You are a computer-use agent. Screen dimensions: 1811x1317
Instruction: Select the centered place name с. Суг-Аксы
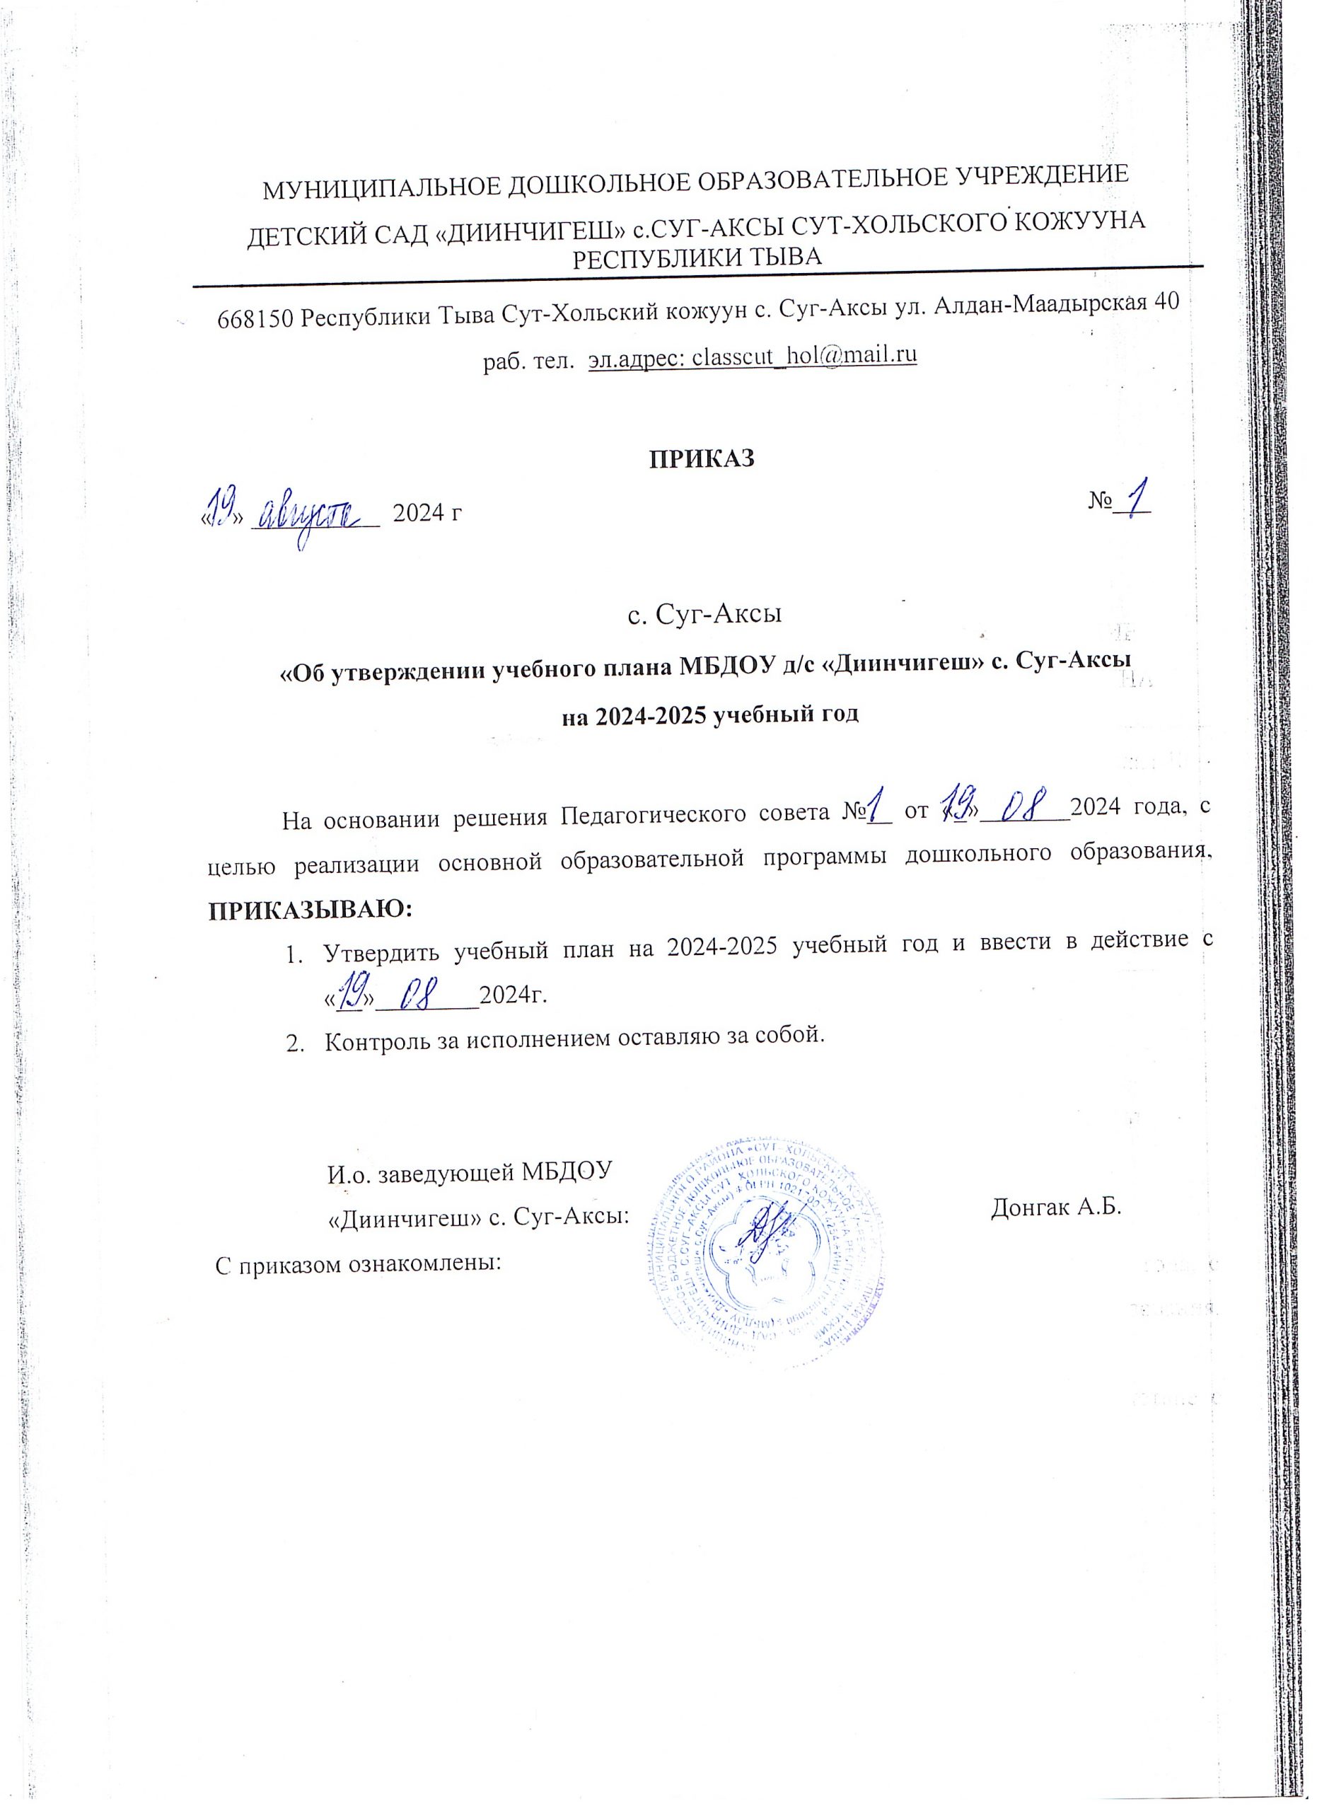(704, 614)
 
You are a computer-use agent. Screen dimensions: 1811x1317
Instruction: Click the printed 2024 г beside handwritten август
(427, 513)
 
